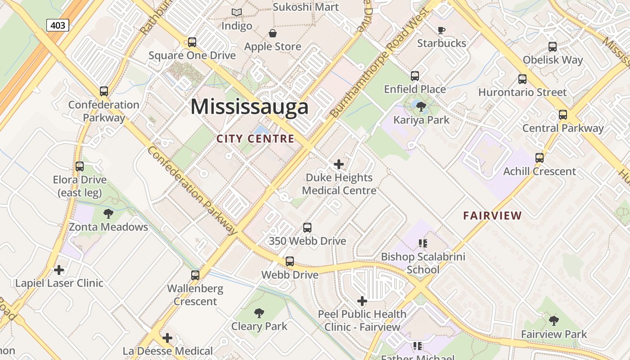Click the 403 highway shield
point(58,25)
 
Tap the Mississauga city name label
point(249,107)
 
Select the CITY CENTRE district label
point(255,139)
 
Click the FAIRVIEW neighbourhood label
point(492,216)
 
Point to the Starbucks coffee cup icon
point(441,30)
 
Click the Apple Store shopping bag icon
point(272,33)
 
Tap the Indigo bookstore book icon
point(237,12)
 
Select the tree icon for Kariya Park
point(421,107)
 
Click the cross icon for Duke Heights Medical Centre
point(339,164)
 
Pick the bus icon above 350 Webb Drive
point(307,228)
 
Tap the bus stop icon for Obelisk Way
point(553,46)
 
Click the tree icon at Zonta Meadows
point(108,213)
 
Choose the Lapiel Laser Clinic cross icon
point(59,270)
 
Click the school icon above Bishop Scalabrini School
point(423,243)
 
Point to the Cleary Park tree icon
point(259,313)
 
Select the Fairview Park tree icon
point(553,320)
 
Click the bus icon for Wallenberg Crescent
point(195,275)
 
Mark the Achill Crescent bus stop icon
point(539,158)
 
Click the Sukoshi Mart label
point(306,7)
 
